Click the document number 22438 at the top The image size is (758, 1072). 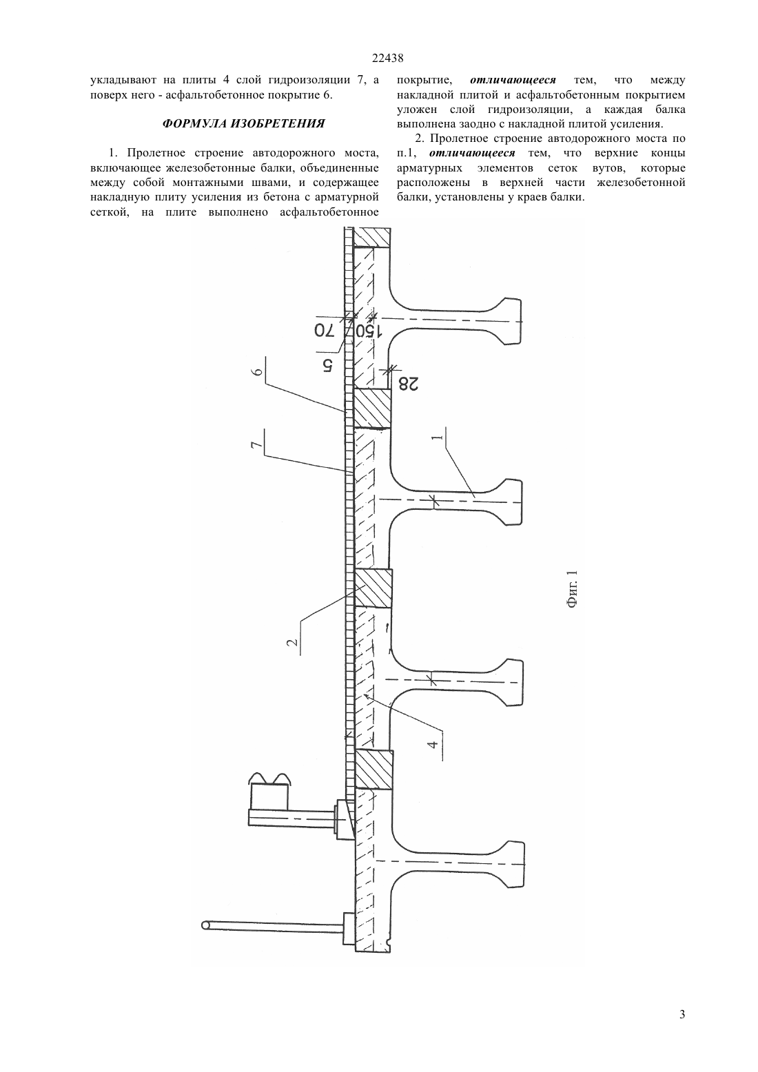pyautogui.click(x=387, y=59)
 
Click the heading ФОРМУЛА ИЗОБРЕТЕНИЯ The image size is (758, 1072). pyautogui.click(x=243, y=123)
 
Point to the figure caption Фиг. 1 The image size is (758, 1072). pyautogui.click(x=573, y=589)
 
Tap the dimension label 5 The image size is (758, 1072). pyautogui.click(x=327, y=366)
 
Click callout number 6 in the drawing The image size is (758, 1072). pyautogui.click(x=259, y=372)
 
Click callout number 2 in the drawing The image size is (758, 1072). pyautogui.click(x=292, y=642)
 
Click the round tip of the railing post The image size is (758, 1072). pyautogui.click(x=206, y=926)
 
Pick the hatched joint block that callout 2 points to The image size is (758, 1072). pyautogui.click(x=373, y=588)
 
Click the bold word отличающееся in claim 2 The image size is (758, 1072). pyautogui.click(x=472, y=153)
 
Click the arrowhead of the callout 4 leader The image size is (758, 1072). pyautogui.click(x=366, y=697)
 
